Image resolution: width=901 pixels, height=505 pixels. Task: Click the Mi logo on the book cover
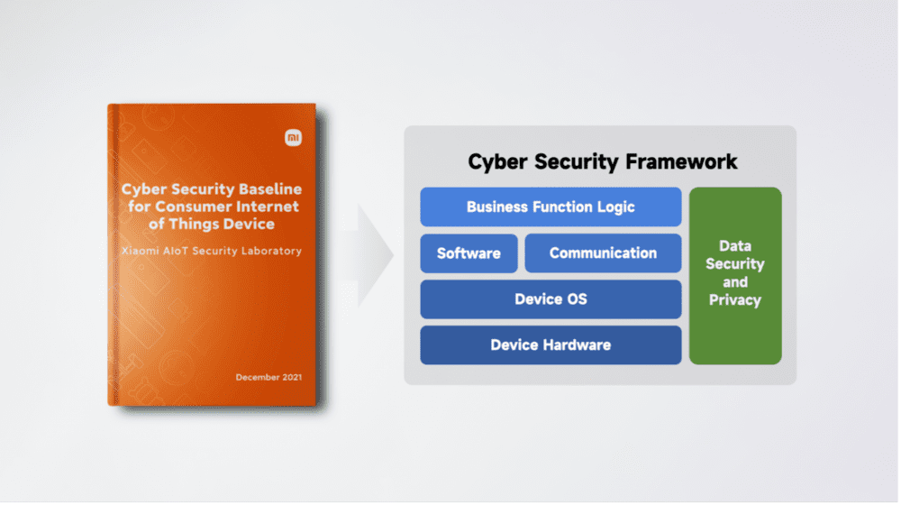(293, 137)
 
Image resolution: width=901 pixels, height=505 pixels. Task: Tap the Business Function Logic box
(551, 207)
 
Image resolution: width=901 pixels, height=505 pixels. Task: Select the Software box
(469, 253)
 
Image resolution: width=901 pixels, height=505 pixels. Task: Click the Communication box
(603, 253)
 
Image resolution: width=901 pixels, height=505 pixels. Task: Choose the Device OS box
(551, 299)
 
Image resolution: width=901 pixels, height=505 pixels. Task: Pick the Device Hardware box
(551, 345)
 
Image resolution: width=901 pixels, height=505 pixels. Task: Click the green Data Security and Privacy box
(735, 276)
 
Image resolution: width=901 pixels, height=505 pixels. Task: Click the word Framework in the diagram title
(681, 161)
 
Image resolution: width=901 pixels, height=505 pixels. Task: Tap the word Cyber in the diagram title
(497, 162)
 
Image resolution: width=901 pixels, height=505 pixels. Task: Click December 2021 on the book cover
(268, 377)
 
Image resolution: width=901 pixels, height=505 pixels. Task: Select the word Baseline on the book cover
(270, 189)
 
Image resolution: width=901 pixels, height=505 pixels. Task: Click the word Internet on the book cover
(268, 207)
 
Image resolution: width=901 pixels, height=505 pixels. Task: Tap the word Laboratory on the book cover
(271, 252)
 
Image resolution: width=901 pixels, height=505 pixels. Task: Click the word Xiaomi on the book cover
(141, 252)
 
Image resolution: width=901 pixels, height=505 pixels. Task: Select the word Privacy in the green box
(735, 300)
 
